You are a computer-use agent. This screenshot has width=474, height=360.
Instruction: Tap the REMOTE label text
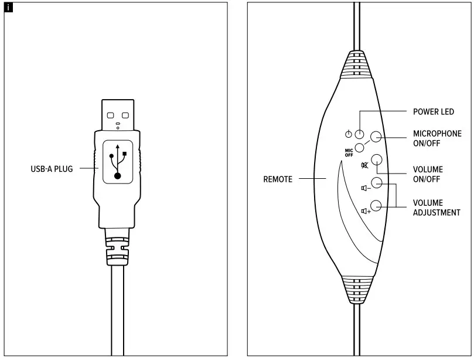coord(278,179)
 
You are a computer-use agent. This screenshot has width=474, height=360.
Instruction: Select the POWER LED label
coord(434,111)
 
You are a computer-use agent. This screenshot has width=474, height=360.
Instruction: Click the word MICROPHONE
coord(437,134)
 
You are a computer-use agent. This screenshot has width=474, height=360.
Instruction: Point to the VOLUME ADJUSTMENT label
coord(437,208)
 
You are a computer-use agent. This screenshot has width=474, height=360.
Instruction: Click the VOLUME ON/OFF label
coord(428,174)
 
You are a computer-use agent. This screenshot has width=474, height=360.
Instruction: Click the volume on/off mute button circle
coord(377,159)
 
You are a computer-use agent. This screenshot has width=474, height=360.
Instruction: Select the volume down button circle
coord(377,183)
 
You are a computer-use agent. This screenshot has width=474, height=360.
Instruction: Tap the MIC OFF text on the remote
coord(349,152)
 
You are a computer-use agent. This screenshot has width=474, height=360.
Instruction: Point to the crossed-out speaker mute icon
coord(365,165)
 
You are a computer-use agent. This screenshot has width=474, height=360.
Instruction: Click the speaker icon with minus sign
coord(365,188)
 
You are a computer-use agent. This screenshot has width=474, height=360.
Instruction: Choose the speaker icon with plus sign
coord(366,210)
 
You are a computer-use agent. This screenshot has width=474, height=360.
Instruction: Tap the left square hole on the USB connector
coord(111,115)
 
